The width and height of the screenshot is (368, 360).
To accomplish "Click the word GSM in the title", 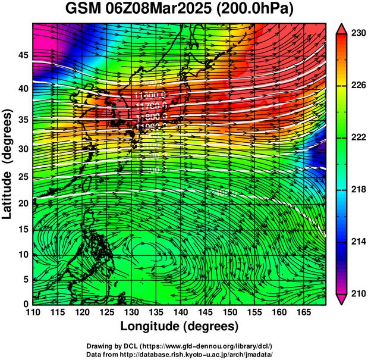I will coord(83,10).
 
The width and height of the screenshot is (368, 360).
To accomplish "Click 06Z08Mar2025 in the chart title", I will coord(159,10).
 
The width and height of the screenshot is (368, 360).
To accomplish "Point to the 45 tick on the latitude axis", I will coord(22,55).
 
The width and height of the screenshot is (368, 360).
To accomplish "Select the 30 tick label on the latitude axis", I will coord(22,149).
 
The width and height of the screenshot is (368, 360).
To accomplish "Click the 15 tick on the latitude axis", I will coord(22,229).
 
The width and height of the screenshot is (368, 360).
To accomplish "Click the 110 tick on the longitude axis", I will coord(33,312).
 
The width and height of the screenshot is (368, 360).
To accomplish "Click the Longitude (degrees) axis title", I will coord(179,326).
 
